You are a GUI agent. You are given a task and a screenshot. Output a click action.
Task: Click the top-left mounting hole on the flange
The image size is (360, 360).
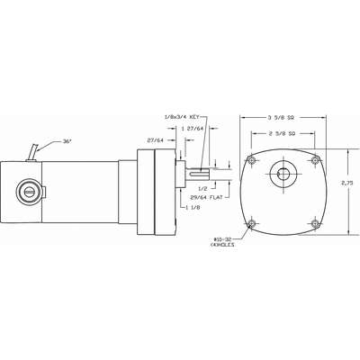click(x=252, y=161)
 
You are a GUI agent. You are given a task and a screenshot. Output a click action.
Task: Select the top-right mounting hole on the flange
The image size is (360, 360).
click(x=315, y=161)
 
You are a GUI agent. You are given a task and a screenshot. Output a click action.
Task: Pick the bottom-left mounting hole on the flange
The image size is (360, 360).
click(x=252, y=223)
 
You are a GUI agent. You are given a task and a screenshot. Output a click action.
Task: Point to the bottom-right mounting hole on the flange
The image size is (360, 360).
click(x=315, y=223)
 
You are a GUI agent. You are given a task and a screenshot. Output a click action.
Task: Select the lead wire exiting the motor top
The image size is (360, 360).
click(x=35, y=149)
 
